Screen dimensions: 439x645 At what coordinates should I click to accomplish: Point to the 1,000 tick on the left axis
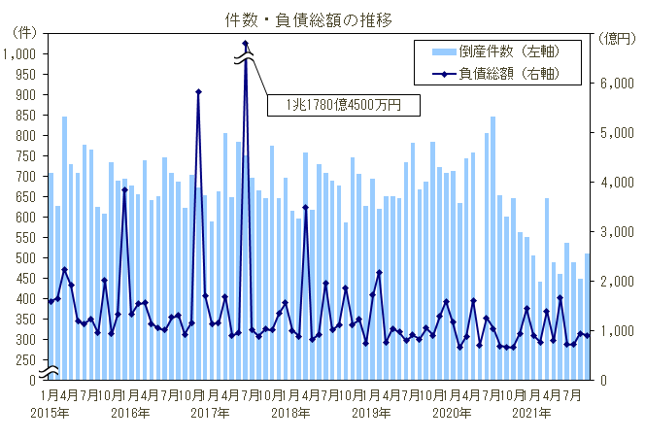pos(20,54)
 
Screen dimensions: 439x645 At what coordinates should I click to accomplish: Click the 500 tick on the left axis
pos(27,258)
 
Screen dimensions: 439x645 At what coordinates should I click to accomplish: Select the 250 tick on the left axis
pos(27,360)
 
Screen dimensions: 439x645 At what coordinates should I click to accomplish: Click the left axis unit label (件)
pos(21,33)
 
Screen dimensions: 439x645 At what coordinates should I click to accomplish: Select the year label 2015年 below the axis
pos(50,413)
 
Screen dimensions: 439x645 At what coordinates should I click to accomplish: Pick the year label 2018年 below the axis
pos(290,413)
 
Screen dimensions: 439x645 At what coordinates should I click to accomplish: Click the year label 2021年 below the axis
pos(531,413)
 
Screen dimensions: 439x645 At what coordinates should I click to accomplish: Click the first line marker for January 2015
pos(51,301)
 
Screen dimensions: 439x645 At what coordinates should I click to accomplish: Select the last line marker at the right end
pos(587,336)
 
